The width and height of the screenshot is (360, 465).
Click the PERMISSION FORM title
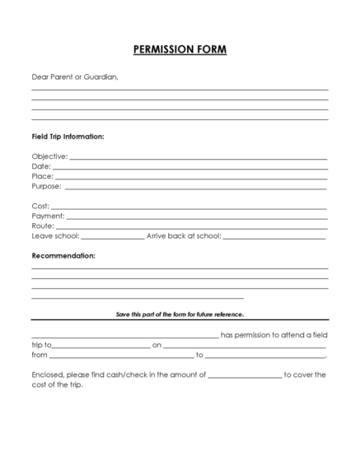coord(180,49)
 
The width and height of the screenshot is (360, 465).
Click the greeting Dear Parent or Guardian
coord(75,77)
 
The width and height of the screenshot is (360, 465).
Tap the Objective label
coord(49,156)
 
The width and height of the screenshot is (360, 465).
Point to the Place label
coord(42,176)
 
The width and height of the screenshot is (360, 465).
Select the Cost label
coord(40,206)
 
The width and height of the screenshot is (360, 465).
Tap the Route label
coord(43,226)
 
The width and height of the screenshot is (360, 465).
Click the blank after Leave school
coord(113,236)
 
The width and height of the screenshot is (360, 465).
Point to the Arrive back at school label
coord(184,235)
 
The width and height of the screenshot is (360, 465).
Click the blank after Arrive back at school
coord(274,236)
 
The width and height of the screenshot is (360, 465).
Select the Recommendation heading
coord(63,256)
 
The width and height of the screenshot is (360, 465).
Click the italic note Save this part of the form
coord(180,314)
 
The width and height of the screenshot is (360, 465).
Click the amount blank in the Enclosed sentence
coord(244,376)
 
